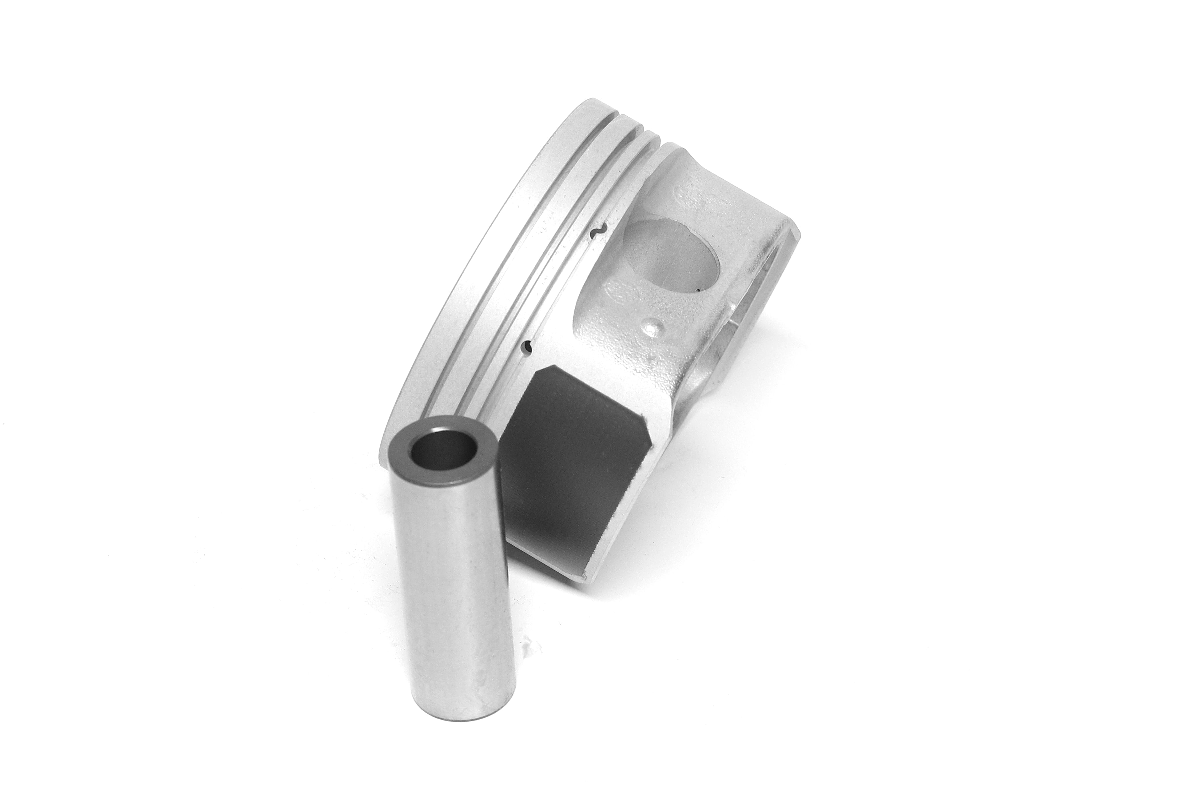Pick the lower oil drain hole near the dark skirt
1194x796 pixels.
pos(528,346)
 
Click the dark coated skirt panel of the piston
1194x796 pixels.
pos(569,457)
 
